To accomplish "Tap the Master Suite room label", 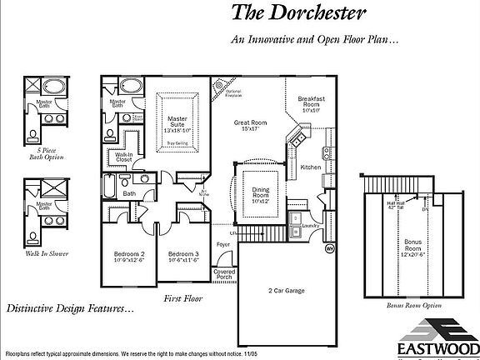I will tap(177, 124).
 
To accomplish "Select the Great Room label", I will tap(250, 126).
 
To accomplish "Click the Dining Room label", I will tap(261, 194).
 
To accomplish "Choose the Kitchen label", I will tap(311, 167).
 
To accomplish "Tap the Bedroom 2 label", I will tap(130, 257).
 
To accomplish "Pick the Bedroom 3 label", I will tap(182, 257).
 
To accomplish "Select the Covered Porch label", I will tap(224, 275).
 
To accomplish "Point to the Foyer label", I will tap(223, 245).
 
